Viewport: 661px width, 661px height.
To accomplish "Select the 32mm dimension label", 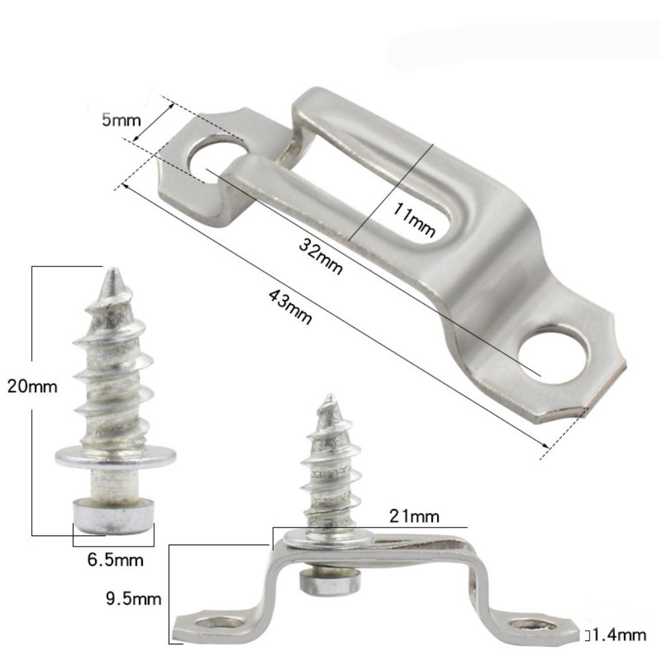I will (x=321, y=257).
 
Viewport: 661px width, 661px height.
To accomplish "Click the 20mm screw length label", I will (x=32, y=386).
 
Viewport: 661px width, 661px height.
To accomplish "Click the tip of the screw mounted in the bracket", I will (x=329, y=397).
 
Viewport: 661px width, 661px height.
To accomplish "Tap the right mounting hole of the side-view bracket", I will (x=533, y=623).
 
